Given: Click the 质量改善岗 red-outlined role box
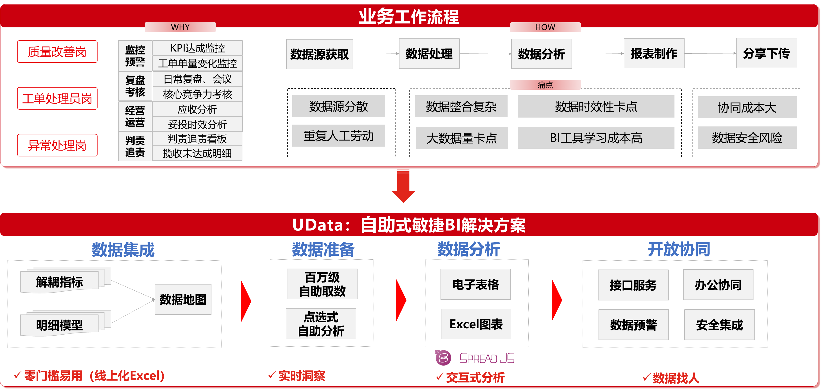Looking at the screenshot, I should (x=57, y=52).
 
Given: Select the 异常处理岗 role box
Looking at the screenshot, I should (x=57, y=145).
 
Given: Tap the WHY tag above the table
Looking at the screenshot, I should (x=180, y=27).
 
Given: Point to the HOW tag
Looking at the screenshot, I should (x=545, y=27).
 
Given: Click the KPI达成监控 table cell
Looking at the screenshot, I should (x=197, y=48).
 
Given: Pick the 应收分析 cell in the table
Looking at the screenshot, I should (x=197, y=109).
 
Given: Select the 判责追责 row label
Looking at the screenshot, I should (x=135, y=146).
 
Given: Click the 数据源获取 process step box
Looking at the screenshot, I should (x=319, y=54).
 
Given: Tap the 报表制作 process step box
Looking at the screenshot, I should (x=654, y=53).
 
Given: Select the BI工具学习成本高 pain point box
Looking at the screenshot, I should (x=596, y=138).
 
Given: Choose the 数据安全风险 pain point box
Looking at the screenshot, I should (x=747, y=137).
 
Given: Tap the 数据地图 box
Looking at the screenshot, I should (x=183, y=299).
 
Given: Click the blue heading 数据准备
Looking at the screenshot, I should (x=323, y=249).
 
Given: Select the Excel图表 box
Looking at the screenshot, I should (x=476, y=324).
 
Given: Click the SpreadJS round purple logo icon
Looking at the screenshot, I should (x=443, y=358).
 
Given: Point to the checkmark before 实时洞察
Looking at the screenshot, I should (x=272, y=375).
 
